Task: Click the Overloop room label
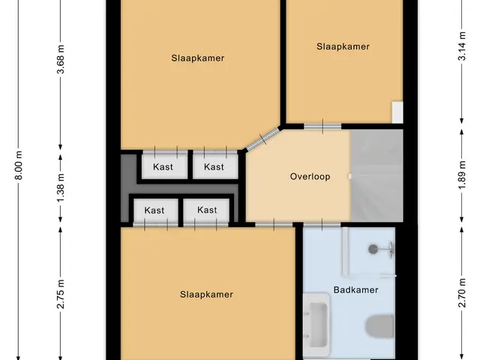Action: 310,177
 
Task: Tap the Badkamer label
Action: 355,290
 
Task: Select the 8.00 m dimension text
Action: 19,165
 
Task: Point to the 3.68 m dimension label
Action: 61,59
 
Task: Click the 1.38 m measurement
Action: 61,187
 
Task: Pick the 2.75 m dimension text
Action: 61,294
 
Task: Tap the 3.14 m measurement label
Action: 462,46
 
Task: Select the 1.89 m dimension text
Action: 462,175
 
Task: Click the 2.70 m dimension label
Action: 462,292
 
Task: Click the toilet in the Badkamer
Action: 379,326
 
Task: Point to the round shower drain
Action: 373,249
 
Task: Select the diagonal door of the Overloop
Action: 263,139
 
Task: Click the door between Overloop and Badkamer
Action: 322,225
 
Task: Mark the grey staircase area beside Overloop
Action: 376,175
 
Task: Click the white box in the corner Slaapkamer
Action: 397,112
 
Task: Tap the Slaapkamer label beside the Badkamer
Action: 206,295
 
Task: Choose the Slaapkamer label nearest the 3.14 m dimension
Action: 343,46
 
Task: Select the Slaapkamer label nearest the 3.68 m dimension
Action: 198,58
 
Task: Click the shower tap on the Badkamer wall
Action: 391,248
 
